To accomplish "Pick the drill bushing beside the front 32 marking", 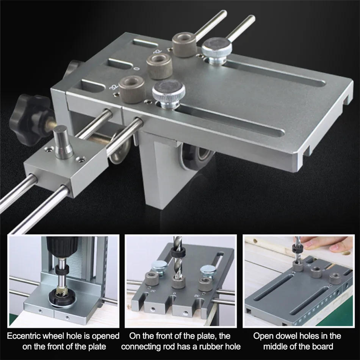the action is [x=131, y=89].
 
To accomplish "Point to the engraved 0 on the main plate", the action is [x=137, y=69].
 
